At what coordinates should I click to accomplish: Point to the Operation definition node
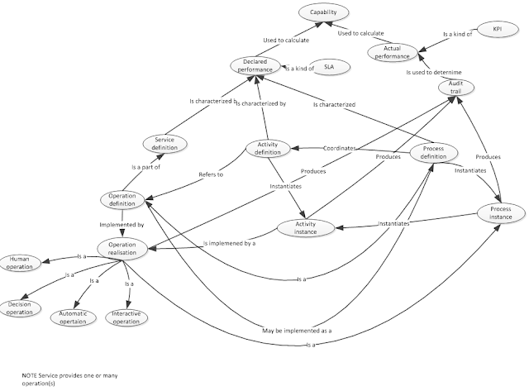coord(122,200)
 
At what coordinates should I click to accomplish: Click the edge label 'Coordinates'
coord(340,148)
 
